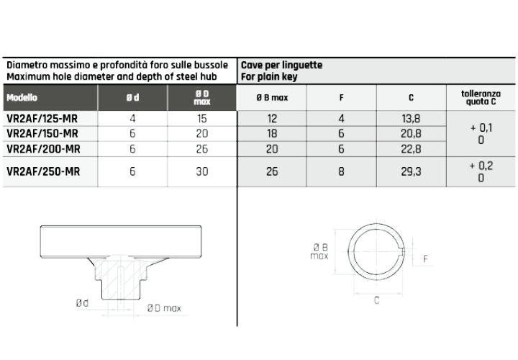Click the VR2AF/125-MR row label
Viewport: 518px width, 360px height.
coord(42,118)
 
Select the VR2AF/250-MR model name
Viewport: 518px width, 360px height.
coord(43,171)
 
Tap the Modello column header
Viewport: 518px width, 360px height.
coord(22,97)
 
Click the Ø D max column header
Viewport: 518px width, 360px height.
coord(202,97)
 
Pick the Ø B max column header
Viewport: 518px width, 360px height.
coord(272,97)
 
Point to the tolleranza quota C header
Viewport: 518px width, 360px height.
coord(481,97)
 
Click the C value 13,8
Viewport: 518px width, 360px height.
coord(411,118)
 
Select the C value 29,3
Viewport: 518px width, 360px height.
coord(411,171)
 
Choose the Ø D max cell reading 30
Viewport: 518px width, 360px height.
coord(202,171)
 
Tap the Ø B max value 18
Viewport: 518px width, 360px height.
coord(272,133)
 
